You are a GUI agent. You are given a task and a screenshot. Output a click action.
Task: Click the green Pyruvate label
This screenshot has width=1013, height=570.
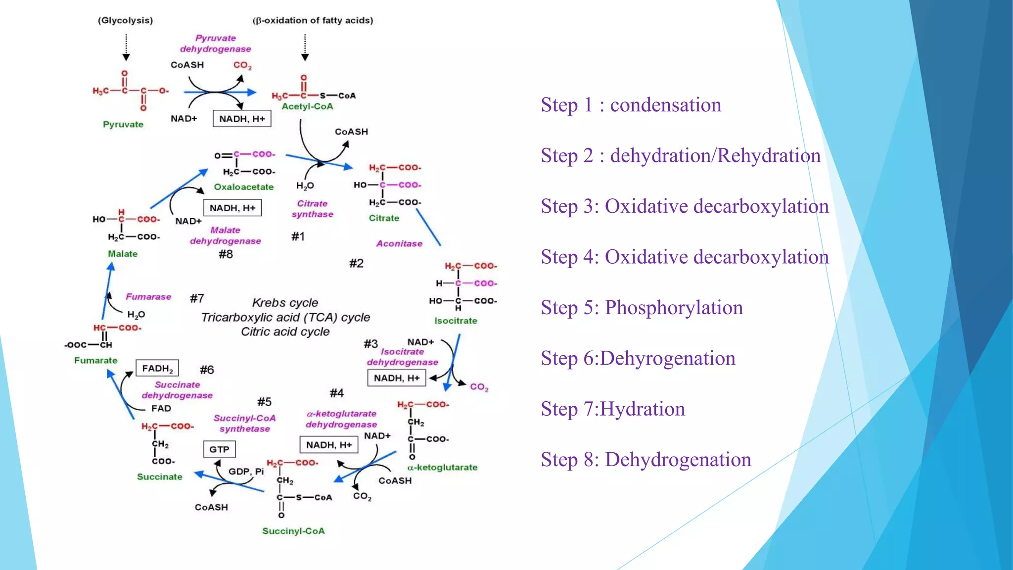pyautogui.click(x=123, y=124)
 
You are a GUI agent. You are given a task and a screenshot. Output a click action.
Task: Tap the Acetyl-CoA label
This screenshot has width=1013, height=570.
pyautogui.click(x=307, y=106)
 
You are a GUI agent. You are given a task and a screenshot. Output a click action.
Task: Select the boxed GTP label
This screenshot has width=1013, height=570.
pyautogui.click(x=219, y=449)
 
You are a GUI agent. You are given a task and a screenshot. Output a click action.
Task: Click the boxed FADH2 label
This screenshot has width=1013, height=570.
pyautogui.click(x=157, y=368)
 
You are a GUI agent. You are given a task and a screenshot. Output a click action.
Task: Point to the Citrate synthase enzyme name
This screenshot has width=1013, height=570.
pyautogui.click(x=312, y=209)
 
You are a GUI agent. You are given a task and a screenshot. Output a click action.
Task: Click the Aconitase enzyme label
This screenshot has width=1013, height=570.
pyautogui.click(x=399, y=243)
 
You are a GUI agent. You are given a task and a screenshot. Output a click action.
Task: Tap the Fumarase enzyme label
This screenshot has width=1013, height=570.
pyautogui.click(x=148, y=296)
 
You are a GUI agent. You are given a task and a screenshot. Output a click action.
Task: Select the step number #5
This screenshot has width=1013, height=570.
pyautogui.click(x=264, y=402)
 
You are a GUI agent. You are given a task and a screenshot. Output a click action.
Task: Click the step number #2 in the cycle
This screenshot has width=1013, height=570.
pyautogui.click(x=356, y=263)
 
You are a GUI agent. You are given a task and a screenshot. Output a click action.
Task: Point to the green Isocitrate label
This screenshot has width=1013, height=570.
pyautogui.click(x=456, y=321)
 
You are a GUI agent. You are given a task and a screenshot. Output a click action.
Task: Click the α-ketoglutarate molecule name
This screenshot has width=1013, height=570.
pyautogui.click(x=442, y=467)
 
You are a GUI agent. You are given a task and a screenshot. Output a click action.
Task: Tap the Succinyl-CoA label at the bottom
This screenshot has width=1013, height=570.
pyautogui.click(x=293, y=531)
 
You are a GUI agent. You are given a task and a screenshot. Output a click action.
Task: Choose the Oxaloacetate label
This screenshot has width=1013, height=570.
pyautogui.click(x=243, y=187)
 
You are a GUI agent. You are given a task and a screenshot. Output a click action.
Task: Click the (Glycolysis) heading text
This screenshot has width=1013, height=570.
pyautogui.click(x=125, y=20)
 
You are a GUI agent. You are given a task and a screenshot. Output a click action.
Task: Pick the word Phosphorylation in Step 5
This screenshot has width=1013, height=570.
pyautogui.click(x=674, y=308)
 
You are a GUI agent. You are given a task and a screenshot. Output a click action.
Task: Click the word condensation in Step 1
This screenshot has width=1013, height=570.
pyautogui.click(x=665, y=105)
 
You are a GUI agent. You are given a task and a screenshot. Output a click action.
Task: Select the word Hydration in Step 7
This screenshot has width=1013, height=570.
pyautogui.click(x=642, y=409)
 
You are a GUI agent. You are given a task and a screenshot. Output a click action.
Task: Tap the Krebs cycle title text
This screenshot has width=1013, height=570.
pyautogui.click(x=285, y=302)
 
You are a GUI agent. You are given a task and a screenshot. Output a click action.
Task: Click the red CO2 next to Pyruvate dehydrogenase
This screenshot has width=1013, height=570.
pyautogui.click(x=242, y=65)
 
